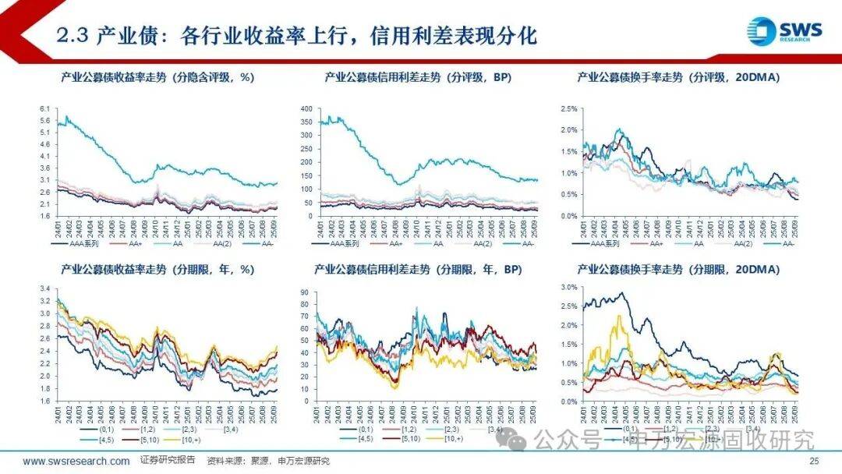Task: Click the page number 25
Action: pos(815,462)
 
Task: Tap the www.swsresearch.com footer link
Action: pos(76,462)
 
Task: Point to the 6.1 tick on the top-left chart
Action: pos(44,109)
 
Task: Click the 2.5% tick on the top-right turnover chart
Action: pos(568,109)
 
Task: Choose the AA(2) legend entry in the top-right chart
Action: pos(747,244)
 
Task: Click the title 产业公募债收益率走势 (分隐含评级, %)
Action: pos(159,77)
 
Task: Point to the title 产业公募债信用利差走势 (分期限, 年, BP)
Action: pos(418,269)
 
